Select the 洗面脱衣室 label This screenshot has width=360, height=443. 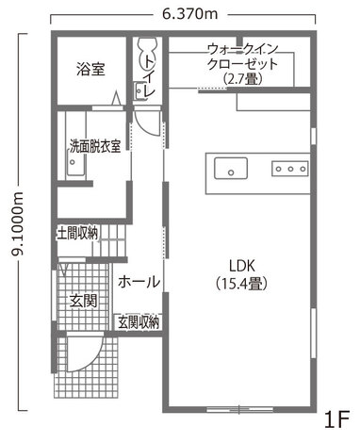coord(94,146)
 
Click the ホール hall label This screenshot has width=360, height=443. coord(139,282)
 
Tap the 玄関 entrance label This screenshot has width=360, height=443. coord(82,301)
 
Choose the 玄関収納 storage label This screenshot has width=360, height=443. coord(139,322)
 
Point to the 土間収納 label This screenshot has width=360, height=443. coord(77,232)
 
